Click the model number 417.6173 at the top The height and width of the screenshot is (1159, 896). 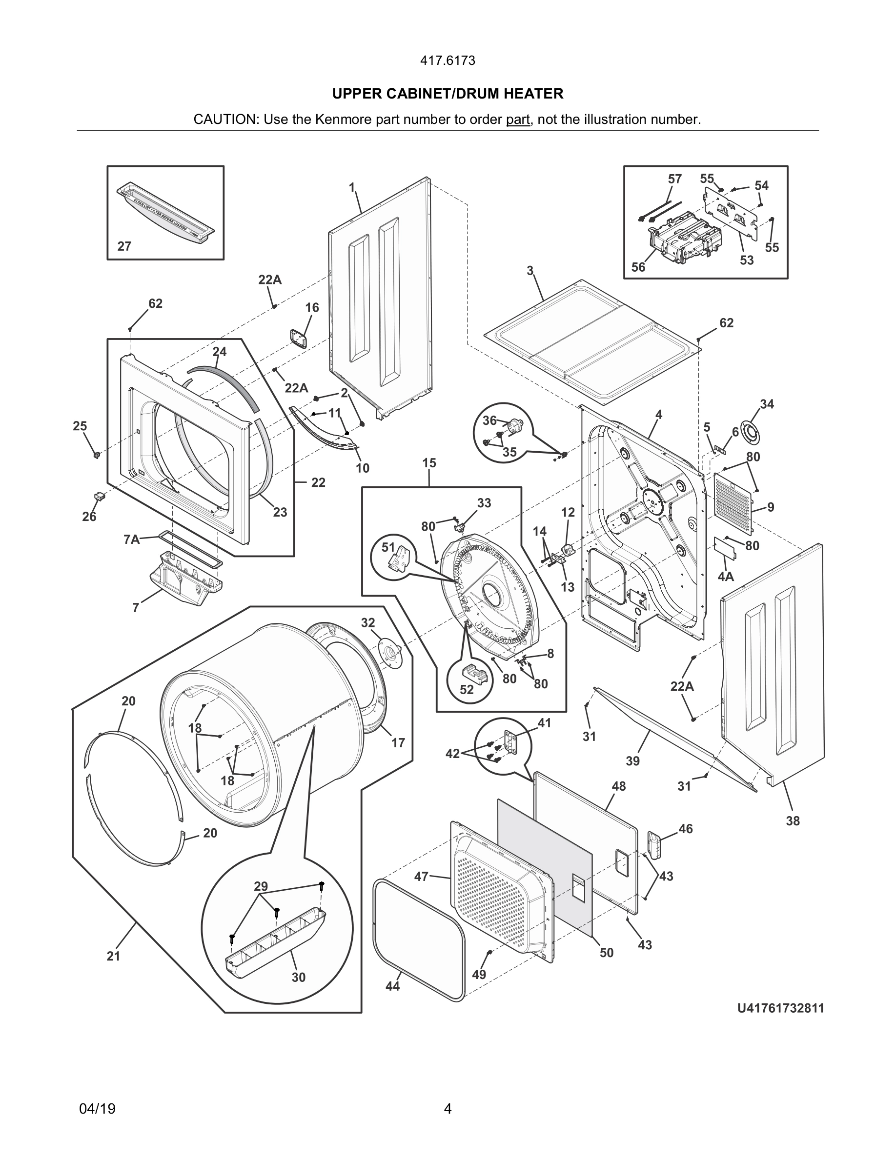(448, 61)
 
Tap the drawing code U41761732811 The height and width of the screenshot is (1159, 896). (780, 1008)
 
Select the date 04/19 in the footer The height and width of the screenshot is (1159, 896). (97, 1109)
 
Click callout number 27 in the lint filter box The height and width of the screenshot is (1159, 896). (124, 246)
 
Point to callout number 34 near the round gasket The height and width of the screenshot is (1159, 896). (767, 404)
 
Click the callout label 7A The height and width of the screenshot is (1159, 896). (131, 540)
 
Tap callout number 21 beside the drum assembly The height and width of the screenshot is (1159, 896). (114, 956)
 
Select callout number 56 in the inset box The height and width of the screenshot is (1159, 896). (638, 267)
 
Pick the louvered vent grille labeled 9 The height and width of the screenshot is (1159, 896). (733, 501)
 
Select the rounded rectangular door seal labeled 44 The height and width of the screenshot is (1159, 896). (419, 939)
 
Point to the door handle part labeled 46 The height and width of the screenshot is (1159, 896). (653, 844)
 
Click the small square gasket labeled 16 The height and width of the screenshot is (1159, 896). (298, 338)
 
